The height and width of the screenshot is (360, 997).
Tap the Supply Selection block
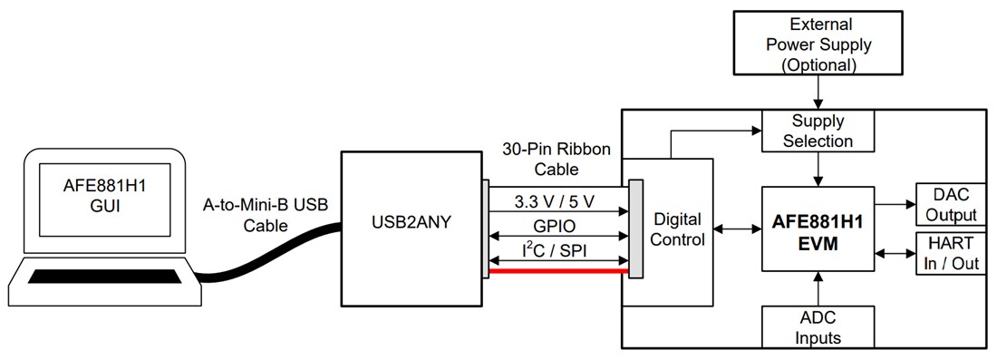pyautogui.click(x=818, y=131)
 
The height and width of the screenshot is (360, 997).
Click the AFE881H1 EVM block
pyautogui.click(x=818, y=229)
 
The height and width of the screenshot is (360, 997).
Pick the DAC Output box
pyautogui.click(x=951, y=204)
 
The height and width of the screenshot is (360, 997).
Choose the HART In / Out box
pyautogui.click(x=951, y=254)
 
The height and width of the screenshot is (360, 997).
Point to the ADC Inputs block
pyautogui.click(x=818, y=326)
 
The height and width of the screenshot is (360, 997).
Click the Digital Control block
pyautogui.click(x=678, y=229)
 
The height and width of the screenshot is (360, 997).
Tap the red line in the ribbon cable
pyautogui.click(x=557, y=270)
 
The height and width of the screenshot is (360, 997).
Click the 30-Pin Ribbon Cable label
pyautogui.click(x=555, y=160)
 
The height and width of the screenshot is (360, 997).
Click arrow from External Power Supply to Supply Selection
pyautogui.click(x=818, y=92)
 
